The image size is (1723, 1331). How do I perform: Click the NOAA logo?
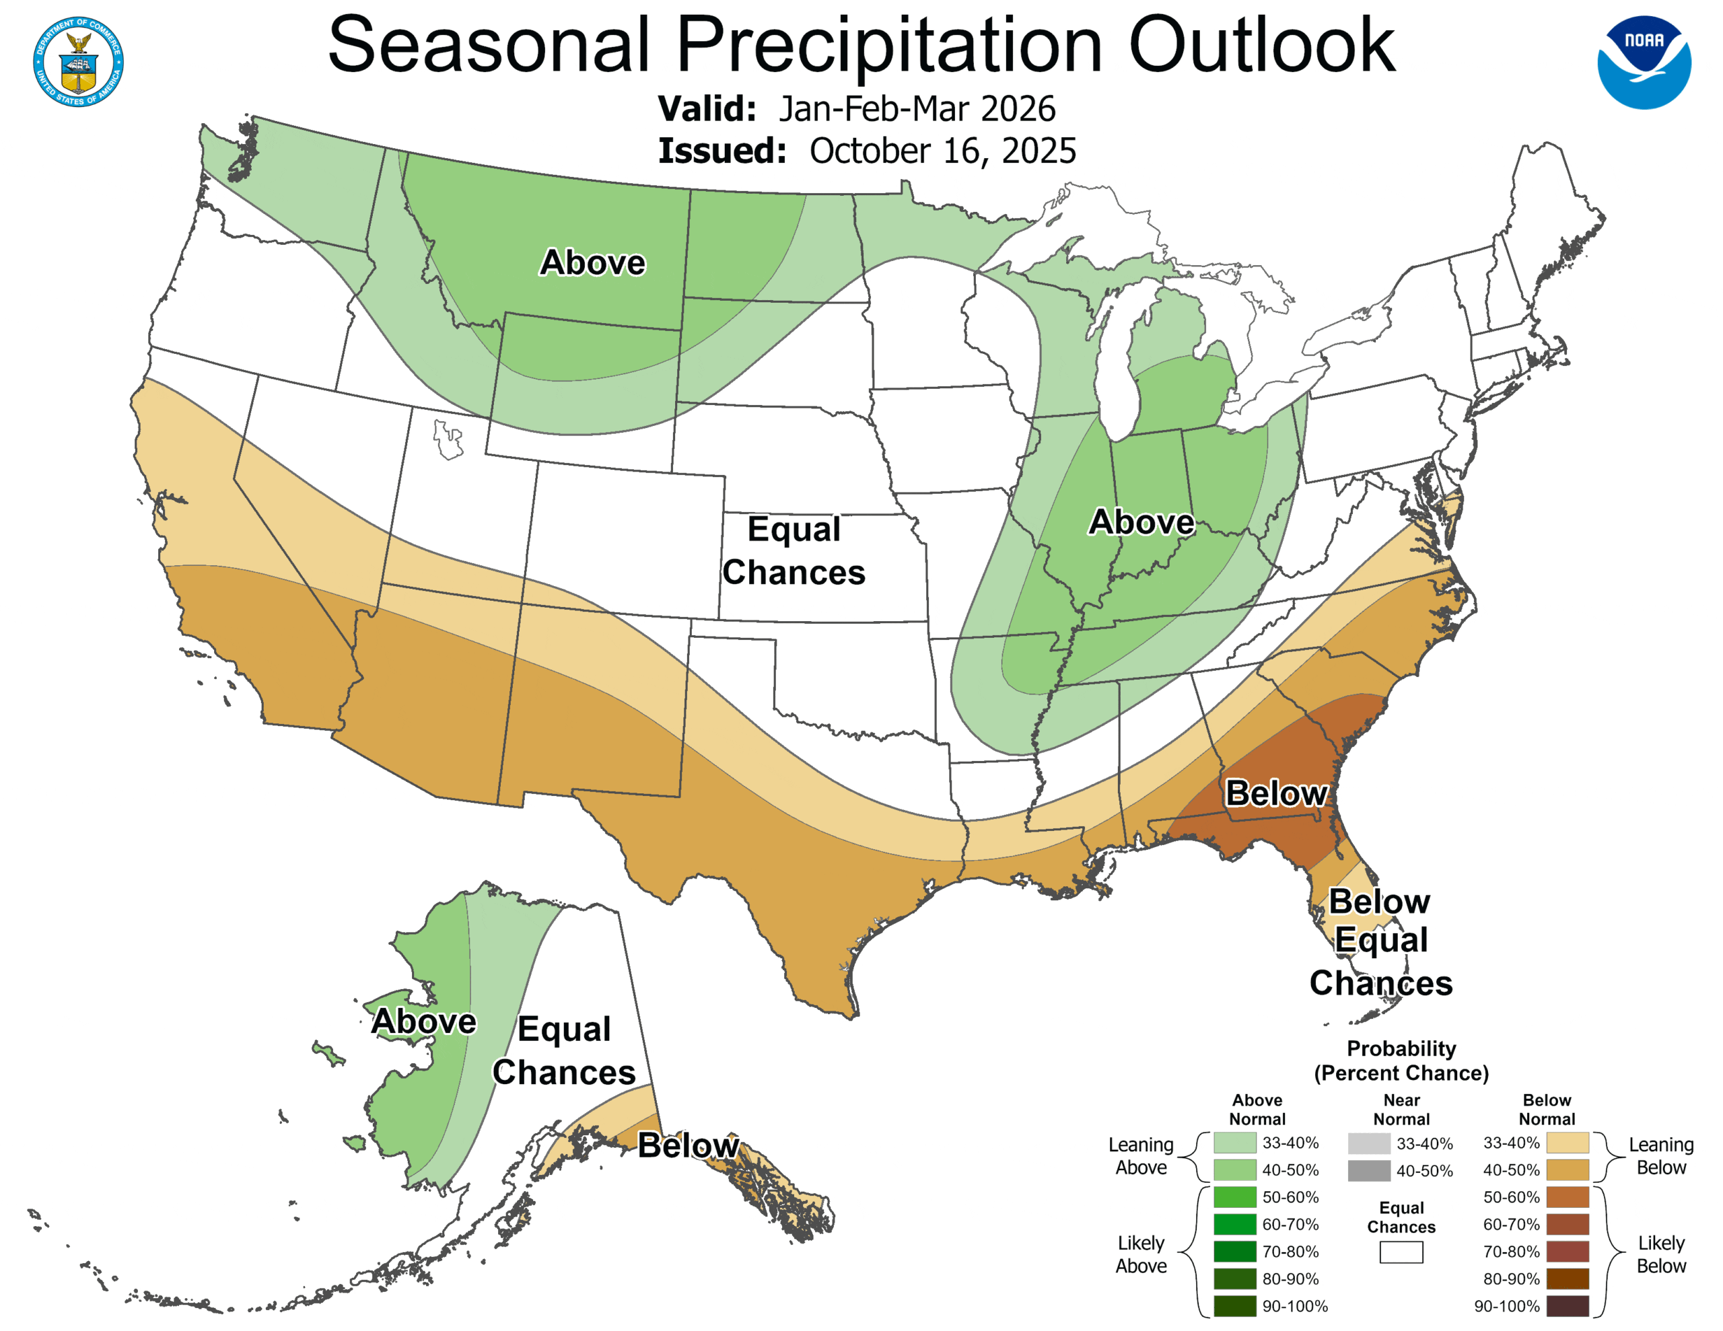pos(1644,63)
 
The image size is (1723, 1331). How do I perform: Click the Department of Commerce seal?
pos(78,61)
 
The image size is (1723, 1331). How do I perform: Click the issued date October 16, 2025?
pos(942,151)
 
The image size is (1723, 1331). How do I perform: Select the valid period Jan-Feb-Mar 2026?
pos(917,109)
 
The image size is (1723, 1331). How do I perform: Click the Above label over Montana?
pos(592,262)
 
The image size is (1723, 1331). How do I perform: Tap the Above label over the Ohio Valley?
pos(1141,522)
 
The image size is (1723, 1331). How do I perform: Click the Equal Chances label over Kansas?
pos(794,550)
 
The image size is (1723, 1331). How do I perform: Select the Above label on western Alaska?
pos(423,1021)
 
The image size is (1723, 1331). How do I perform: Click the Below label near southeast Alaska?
pos(688,1145)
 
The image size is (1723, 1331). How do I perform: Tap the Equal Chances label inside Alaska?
pos(564,1051)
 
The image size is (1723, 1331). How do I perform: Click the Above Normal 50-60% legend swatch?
pos(1234,1197)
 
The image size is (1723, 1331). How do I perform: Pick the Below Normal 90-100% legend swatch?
pos(1567,1305)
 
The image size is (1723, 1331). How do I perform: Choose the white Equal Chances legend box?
pos(1401,1252)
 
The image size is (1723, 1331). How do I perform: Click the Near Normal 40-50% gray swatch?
pos(1369,1171)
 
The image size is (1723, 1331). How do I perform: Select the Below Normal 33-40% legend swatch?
pos(1567,1143)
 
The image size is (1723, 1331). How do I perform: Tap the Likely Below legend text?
pos(1660,1254)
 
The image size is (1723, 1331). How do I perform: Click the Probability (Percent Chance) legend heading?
pos(1401,1060)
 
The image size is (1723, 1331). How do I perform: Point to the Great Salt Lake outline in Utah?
pos(448,440)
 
